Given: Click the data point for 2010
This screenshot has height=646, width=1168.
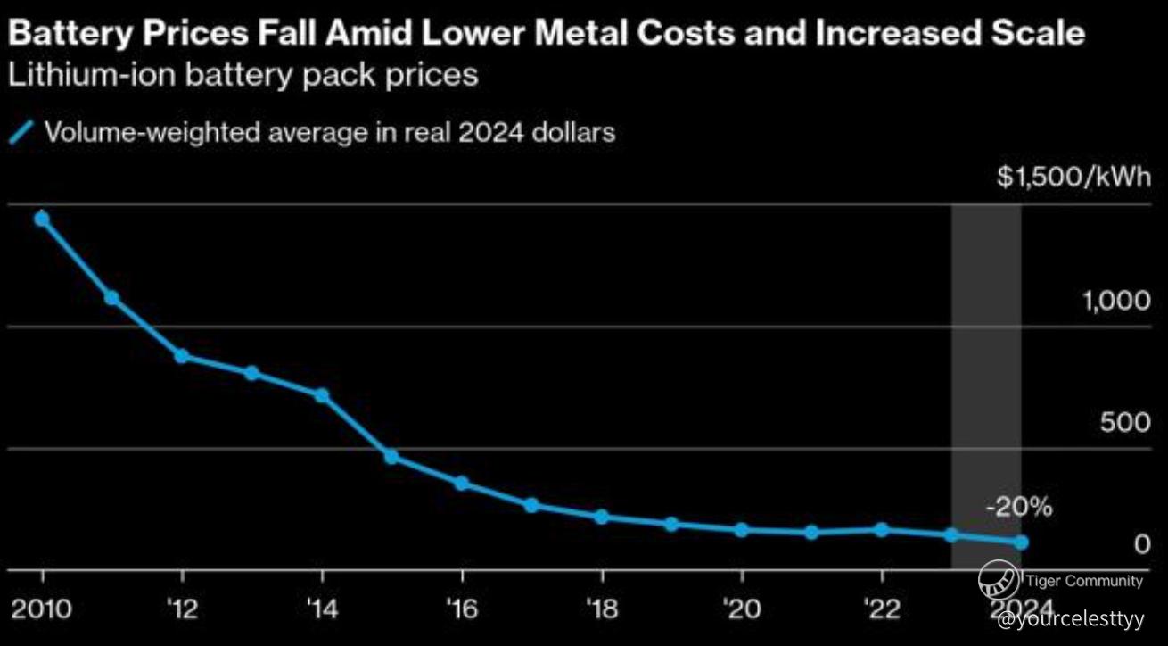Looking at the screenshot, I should pos(41,219).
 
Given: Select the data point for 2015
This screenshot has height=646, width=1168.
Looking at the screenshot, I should pos(391,457).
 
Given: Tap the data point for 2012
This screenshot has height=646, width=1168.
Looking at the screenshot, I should pos(181,356).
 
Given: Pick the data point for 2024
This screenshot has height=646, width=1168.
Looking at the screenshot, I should pos(1021,542).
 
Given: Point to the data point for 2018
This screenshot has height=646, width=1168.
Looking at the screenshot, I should pos(601,517).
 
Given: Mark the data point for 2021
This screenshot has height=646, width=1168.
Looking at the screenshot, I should pos(811,533).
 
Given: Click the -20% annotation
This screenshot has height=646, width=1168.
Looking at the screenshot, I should pos(1019,509).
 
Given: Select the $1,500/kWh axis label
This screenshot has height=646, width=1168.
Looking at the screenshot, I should pos(1074,177).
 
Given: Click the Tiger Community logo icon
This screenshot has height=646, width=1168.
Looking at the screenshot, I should pos(999,582).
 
